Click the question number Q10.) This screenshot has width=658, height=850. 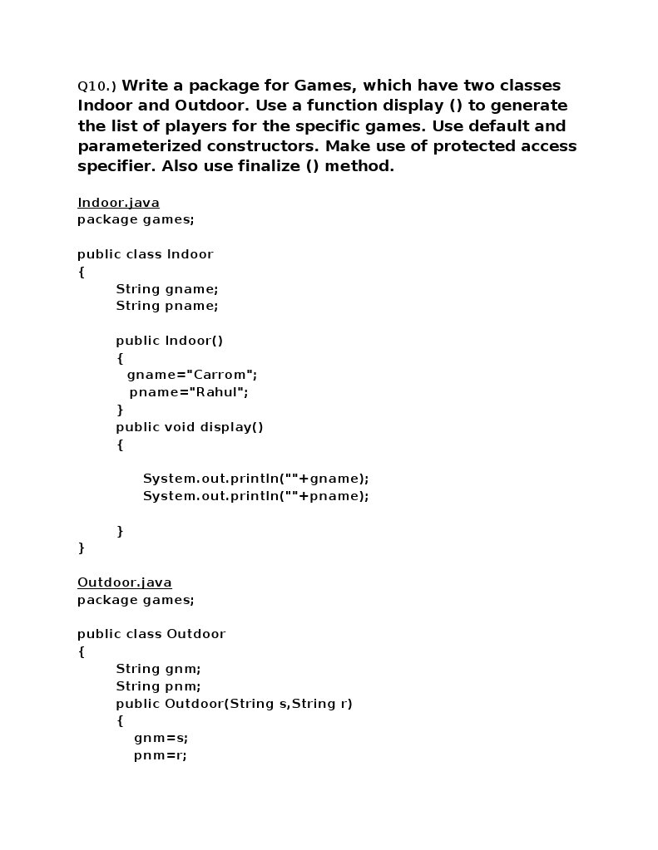(97, 86)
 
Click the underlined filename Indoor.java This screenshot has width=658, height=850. (118, 203)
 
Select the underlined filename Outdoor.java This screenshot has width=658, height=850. (124, 582)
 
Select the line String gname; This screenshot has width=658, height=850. (166, 289)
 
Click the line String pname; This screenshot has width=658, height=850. (166, 306)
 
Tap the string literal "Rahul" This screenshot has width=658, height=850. (217, 392)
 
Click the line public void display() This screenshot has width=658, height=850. (189, 427)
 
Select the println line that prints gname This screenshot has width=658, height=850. (255, 479)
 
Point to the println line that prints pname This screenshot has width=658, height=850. (255, 496)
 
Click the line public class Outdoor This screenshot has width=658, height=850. (151, 634)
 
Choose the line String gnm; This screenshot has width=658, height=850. (158, 669)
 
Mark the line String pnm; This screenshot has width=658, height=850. (158, 686)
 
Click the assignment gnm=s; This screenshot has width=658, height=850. (161, 738)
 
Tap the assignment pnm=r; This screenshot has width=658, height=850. (160, 755)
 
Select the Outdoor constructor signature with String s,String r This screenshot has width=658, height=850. (234, 704)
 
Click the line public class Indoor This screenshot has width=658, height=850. (145, 254)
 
